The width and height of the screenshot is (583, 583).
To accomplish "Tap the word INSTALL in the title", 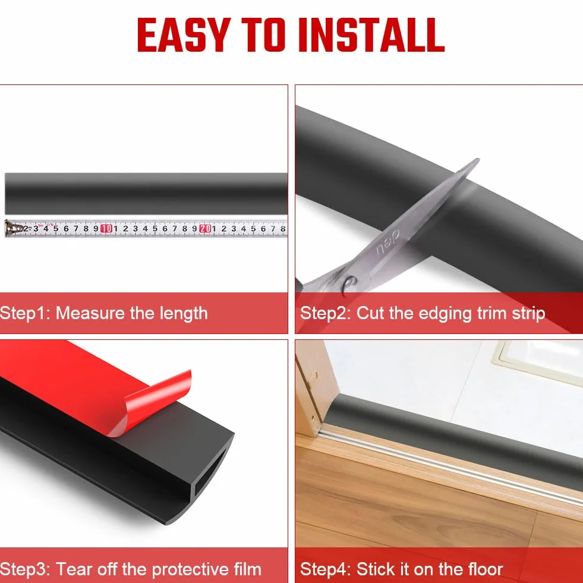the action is [x=371, y=34].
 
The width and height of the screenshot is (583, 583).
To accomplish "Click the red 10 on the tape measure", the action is [x=106, y=229].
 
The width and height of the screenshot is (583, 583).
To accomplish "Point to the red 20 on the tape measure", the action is [x=205, y=229].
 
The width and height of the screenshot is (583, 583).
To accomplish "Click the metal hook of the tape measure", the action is [x=11, y=228].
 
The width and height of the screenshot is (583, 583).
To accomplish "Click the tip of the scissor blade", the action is [x=478, y=159].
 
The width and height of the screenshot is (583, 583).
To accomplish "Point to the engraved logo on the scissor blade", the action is [x=387, y=242].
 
